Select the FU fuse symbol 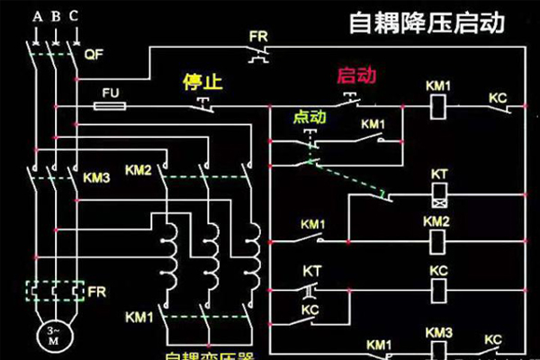[x=110, y=106]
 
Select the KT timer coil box [x=438, y=192]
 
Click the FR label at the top [x=259, y=37]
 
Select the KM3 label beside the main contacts [x=96, y=177]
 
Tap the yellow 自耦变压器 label [x=206, y=352]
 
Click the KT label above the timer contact [x=312, y=270]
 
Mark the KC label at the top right [x=498, y=95]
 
